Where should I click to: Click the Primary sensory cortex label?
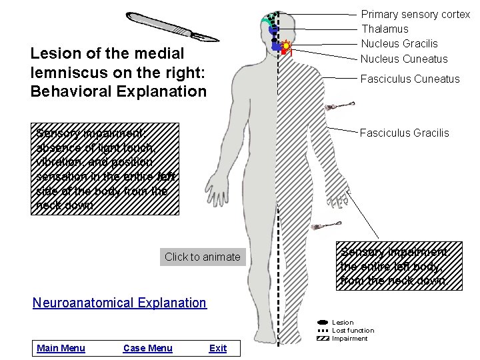(415, 14)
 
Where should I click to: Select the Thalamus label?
(385, 29)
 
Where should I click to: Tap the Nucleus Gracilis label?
(399, 43)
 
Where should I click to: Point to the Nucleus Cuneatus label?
(404, 58)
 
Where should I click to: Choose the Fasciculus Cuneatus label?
(410, 79)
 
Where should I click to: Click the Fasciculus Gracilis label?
(405, 133)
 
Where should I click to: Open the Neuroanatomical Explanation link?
(120, 303)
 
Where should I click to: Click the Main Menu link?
(61, 348)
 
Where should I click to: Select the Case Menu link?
(148, 348)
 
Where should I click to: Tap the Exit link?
(218, 348)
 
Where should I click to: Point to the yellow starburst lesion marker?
(286, 46)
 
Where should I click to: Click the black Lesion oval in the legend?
(323, 323)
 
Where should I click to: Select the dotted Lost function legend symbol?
(323, 331)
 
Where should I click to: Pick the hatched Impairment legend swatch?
(323, 339)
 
